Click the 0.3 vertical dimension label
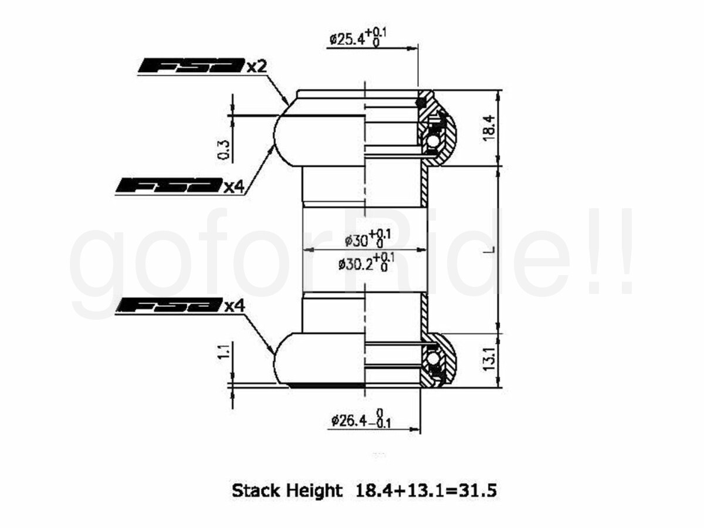[224, 150]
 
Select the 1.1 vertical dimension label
[224, 351]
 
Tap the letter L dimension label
[493, 249]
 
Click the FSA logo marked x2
[191, 65]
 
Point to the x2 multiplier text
[256, 66]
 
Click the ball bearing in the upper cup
[433, 142]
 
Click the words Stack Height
[287, 491]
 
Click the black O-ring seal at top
[420, 103]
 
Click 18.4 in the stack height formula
[374, 490]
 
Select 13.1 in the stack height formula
[425, 490]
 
